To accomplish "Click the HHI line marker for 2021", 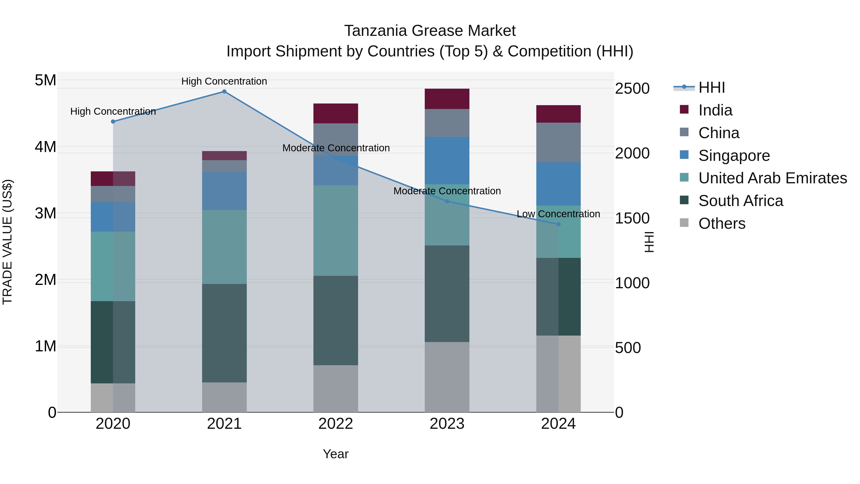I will coord(224,92).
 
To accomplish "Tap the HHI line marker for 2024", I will coord(558,224).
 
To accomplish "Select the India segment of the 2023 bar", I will coord(447,99).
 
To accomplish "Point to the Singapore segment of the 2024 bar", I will coord(558,184).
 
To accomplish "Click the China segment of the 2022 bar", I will coord(336,140).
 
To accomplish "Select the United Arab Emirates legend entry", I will coord(773,178).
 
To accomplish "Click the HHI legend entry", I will coord(711,87).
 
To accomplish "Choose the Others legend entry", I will coord(722,223).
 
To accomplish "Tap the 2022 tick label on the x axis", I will coord(336,424).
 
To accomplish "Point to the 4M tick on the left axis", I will coord(45,147).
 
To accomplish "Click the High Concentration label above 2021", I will coord(224,81).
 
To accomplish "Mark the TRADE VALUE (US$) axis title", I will coord(7,242).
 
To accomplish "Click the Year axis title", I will coord(336,454).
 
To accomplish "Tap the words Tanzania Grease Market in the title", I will coord(430,31).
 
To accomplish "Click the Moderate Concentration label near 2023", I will coord(447,191).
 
